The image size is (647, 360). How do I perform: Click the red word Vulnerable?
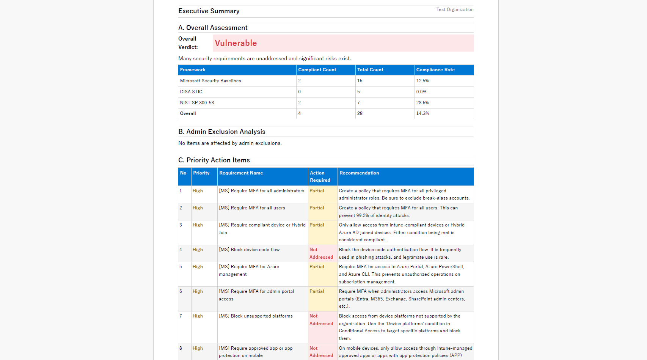pos(236,43)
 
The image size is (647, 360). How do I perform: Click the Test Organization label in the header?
pos(455,9)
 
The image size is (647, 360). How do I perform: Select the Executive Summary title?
pos(209,11)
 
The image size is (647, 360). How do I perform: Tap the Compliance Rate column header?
pos(435,70)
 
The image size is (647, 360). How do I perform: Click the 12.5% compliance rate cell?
pos(422,81)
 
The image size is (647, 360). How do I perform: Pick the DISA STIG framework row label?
pos(191,92)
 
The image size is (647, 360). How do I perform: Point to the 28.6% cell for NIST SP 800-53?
pos(422,103)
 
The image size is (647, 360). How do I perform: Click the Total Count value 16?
pos(360,81)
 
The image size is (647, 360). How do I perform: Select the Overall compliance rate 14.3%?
pos(423,113)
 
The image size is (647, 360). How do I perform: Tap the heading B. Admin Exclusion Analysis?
pos(221,132)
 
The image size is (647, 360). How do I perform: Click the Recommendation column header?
pos(359,173)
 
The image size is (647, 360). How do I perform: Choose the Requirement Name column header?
pos(241,173)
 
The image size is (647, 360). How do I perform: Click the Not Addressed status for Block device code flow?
pos(321,253)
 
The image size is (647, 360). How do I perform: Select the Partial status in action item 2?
pos(317,208)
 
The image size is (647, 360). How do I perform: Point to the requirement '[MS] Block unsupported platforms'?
pos(256,316)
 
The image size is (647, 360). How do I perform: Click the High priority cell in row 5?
pos(198,267)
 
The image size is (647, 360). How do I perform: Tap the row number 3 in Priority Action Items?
pos(181,225)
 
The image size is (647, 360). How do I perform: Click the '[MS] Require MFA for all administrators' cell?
pos(261,191)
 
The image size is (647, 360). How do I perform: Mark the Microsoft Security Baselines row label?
pos(210,81)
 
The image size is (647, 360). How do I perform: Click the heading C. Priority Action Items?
pos(214,160)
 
